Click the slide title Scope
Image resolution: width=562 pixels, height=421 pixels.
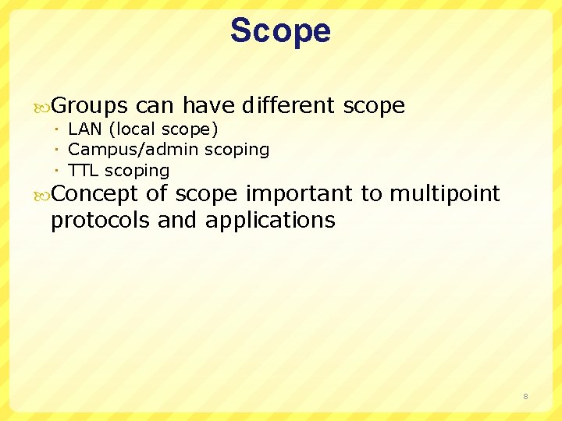click(x=280, y=31)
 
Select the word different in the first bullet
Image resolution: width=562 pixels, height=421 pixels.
click(x=288, y=105)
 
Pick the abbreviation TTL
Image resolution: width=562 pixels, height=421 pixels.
click(x=84, y=170)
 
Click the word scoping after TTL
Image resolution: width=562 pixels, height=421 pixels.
click(x=137, y=171)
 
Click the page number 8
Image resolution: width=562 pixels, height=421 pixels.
click(x=525, y=397)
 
